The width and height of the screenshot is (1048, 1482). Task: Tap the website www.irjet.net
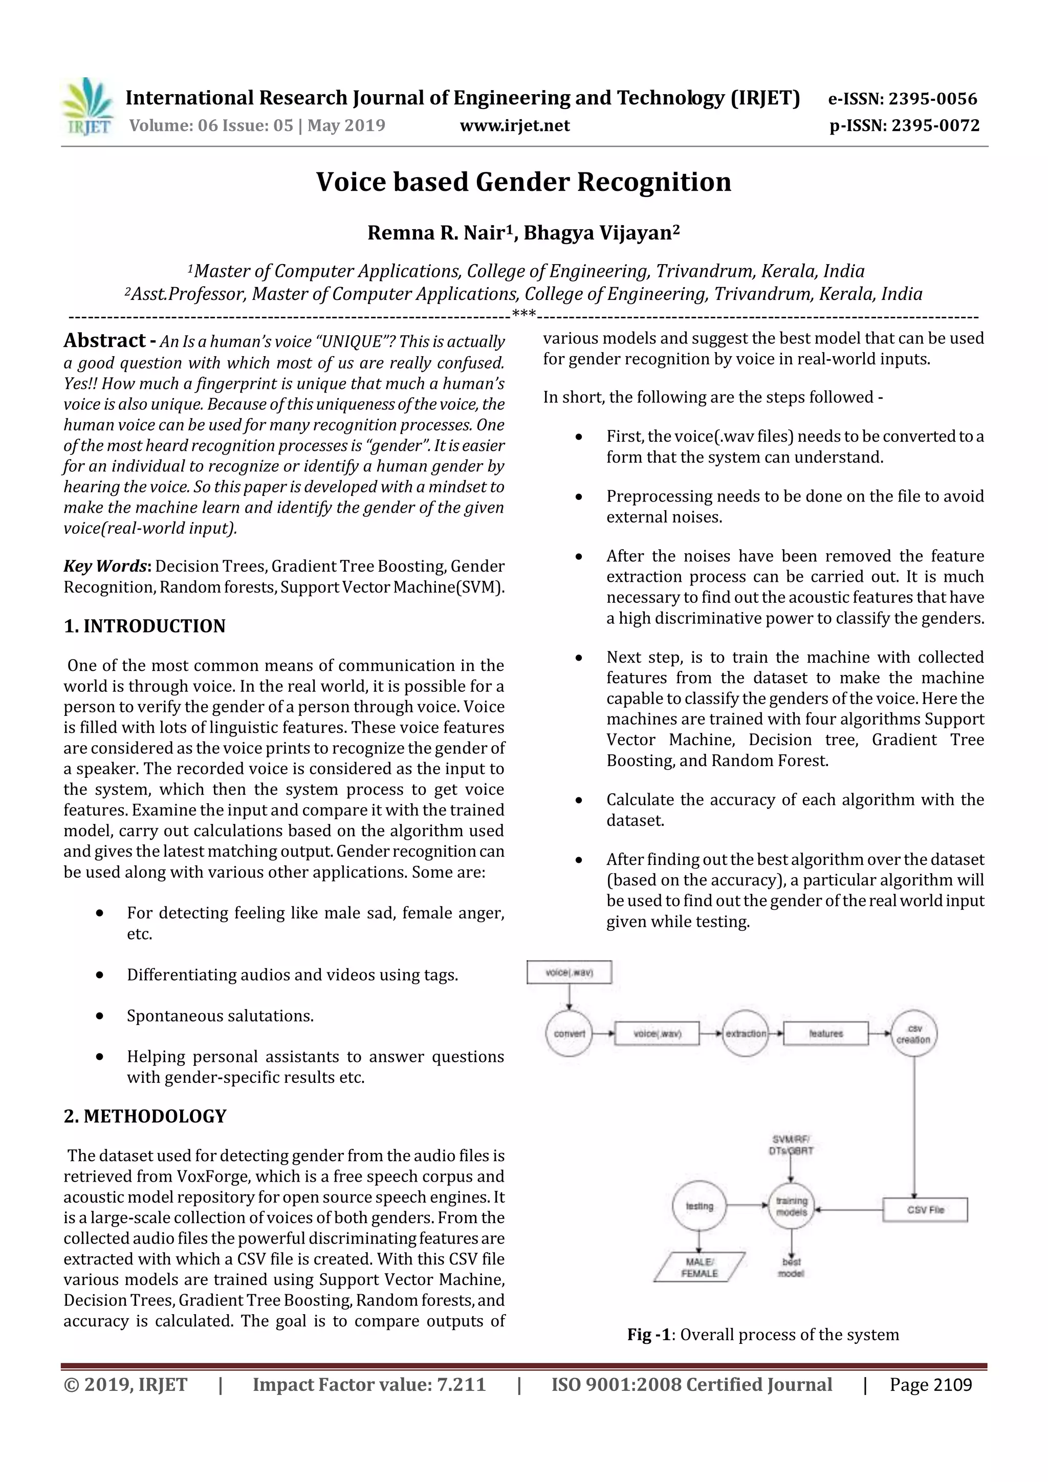click(x=514, y=125)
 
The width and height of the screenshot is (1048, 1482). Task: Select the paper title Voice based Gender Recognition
click(x=523, y=182)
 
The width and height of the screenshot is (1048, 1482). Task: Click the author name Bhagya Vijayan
click(x=601, y=232)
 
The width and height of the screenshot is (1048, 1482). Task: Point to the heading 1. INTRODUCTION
click(x=144, y=626)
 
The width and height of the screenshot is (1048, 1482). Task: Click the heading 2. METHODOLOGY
click(x=145, y=1116)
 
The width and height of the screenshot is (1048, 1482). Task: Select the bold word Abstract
click(x=104, y=340)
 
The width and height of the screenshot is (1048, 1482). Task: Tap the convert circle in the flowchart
click(x=569, y=1033)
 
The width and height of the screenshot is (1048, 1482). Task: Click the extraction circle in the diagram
click(x=746, y=1033)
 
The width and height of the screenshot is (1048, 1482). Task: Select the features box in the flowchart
click(x=826, y=1033)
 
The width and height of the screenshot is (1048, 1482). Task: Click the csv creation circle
click(x=914, y=1033)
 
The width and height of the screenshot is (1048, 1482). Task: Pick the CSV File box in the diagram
click(x=925, y=1210)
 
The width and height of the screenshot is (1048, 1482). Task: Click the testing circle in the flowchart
click(x=700, y=1206)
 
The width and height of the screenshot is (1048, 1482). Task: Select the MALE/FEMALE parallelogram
click(x=700, y=1267)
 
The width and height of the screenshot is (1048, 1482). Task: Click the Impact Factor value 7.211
click(x=461, y=1385)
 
